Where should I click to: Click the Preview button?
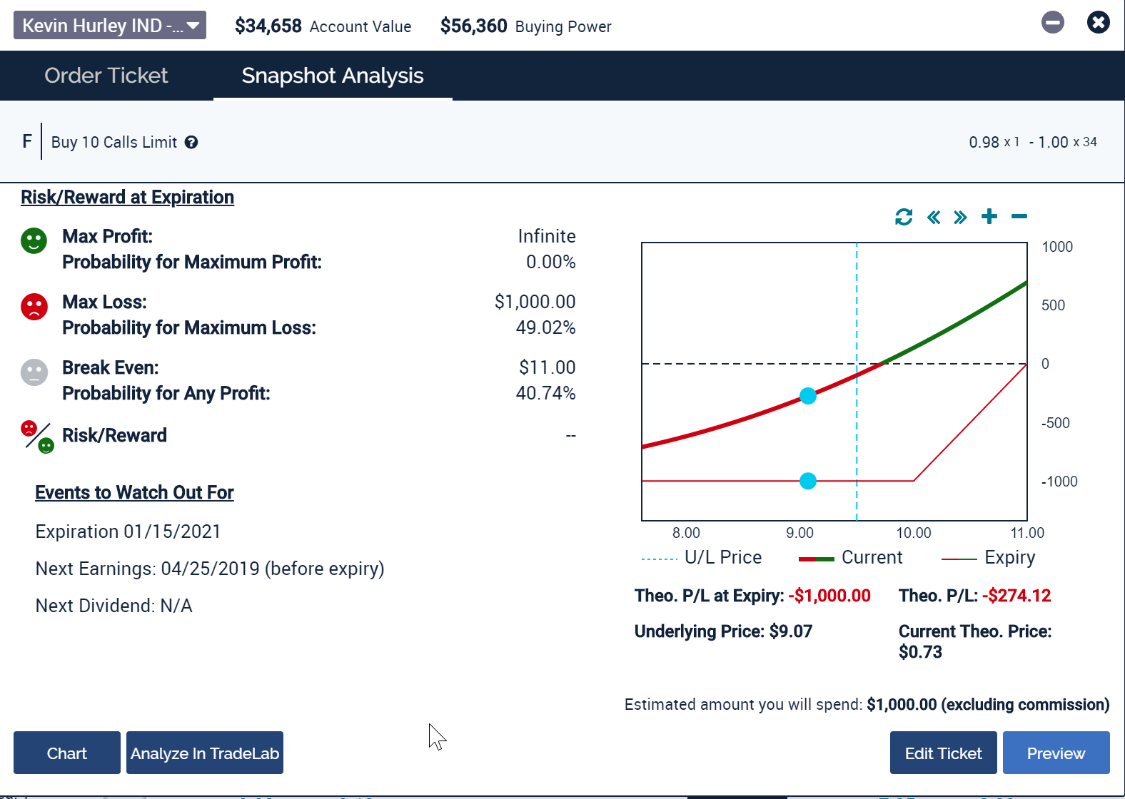coord(1056,753)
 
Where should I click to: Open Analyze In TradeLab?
coord(205,753)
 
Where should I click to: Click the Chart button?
coord(67,753)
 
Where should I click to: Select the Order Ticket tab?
coord(106,76)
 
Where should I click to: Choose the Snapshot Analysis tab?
coord(333,76)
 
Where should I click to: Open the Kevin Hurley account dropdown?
coord(110,26)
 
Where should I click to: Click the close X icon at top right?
coord(1098,23)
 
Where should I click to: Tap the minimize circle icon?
coord(1052,23)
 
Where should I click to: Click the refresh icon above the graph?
coord(904,217)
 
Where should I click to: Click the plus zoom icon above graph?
coord(989,216)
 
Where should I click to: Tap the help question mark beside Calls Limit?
coord(191,143)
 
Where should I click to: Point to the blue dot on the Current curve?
coord(808,396)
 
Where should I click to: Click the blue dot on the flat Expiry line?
coord(808,481)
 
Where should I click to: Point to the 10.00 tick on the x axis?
coord(914,533)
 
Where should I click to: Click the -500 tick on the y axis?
coord(1056,423)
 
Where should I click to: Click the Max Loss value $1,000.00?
coord(535,302)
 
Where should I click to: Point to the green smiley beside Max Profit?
coord(34,240)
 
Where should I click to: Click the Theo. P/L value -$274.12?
coord(1016,596)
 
